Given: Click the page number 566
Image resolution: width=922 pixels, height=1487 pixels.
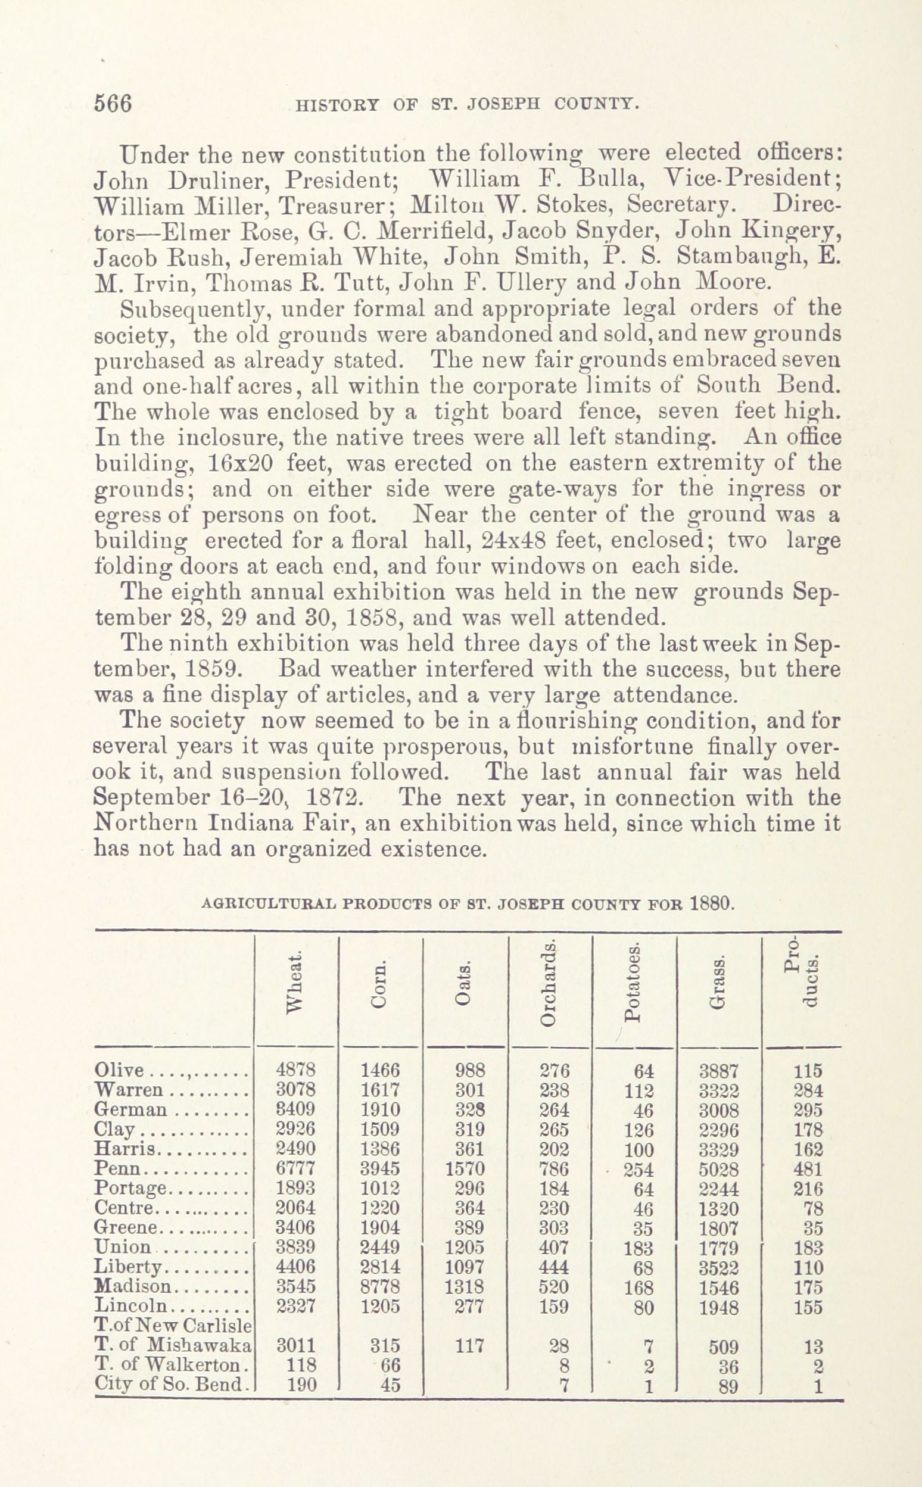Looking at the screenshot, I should pyautogui.click(x=113, y=103).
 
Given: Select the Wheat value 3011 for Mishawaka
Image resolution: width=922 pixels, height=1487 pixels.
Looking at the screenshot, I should pyautogui.click(x=296, y=1345).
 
